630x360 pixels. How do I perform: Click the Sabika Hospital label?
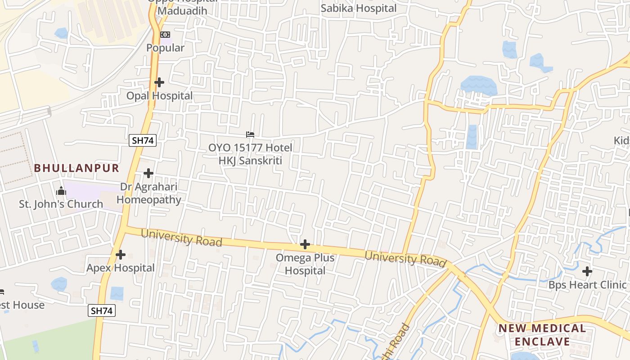coord(359,8)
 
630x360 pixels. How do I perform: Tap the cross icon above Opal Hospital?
coord(159,82)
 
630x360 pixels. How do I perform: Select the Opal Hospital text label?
coord(159,95)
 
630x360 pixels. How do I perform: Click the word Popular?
coord(166,48)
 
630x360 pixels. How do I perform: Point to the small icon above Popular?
coord(165,35)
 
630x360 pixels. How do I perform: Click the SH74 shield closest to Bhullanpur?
coord(142,140)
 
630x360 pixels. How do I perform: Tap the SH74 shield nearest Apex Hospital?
coord(102,310)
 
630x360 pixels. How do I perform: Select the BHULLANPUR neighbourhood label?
coord(77,168)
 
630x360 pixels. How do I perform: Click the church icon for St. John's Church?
coord(61,191)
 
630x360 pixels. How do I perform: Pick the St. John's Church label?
coord(61,204)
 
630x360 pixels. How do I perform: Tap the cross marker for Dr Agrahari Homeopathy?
coord(148,173)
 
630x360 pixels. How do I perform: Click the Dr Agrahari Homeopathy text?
coord(149,193)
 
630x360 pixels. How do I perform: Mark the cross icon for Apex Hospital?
coord(121,255)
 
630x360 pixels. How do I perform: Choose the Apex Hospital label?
coord(121,268)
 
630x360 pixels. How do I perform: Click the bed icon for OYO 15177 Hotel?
coord(250,135)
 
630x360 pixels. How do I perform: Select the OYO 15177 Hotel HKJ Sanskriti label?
coord(250,154)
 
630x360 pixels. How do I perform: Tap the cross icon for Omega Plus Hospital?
coord(305,244)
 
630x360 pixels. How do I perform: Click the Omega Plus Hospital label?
coord(305,264)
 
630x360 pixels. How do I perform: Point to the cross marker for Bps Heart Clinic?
coord(587,271)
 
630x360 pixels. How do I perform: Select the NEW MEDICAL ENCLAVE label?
coord(542,335)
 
